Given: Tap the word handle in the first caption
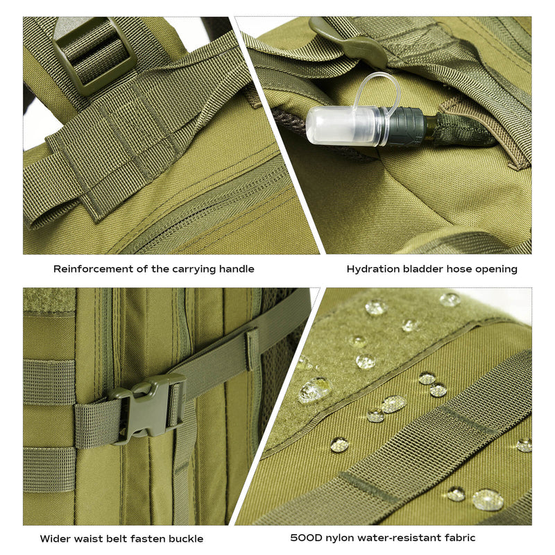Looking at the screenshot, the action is (237, 269).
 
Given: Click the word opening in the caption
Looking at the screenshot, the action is (496, 270).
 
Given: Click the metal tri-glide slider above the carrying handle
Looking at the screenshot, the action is (93, 53).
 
